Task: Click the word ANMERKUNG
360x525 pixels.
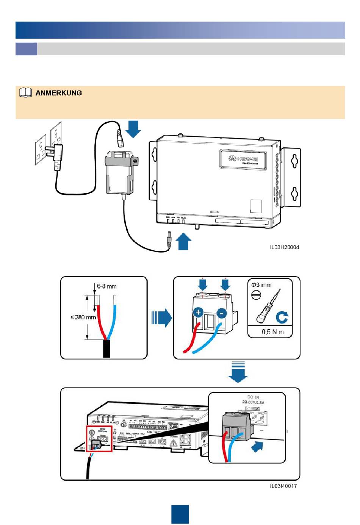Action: pos(58,93)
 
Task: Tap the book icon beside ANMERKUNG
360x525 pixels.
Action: pos(25,93)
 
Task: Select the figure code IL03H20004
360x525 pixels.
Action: pos(284,247)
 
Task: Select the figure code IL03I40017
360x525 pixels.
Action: pos(283,486)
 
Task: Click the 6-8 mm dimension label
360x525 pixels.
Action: pos(106,286)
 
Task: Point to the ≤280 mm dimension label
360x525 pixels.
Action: pos(83,317)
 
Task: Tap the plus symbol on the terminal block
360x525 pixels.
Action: pos(198,312)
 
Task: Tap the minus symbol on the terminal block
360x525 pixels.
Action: pos(222,313)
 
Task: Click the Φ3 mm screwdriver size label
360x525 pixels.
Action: pos(261,285)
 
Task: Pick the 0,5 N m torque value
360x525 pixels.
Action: pos(272,332)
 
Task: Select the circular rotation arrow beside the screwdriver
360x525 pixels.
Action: pos(282,317)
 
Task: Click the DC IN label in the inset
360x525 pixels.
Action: pos(253,397)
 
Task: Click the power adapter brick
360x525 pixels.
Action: pos(119,173)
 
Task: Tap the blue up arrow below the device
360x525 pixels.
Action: pos(184,241)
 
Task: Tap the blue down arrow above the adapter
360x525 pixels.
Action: pos(133,129)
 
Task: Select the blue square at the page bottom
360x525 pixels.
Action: pos(180,514)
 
